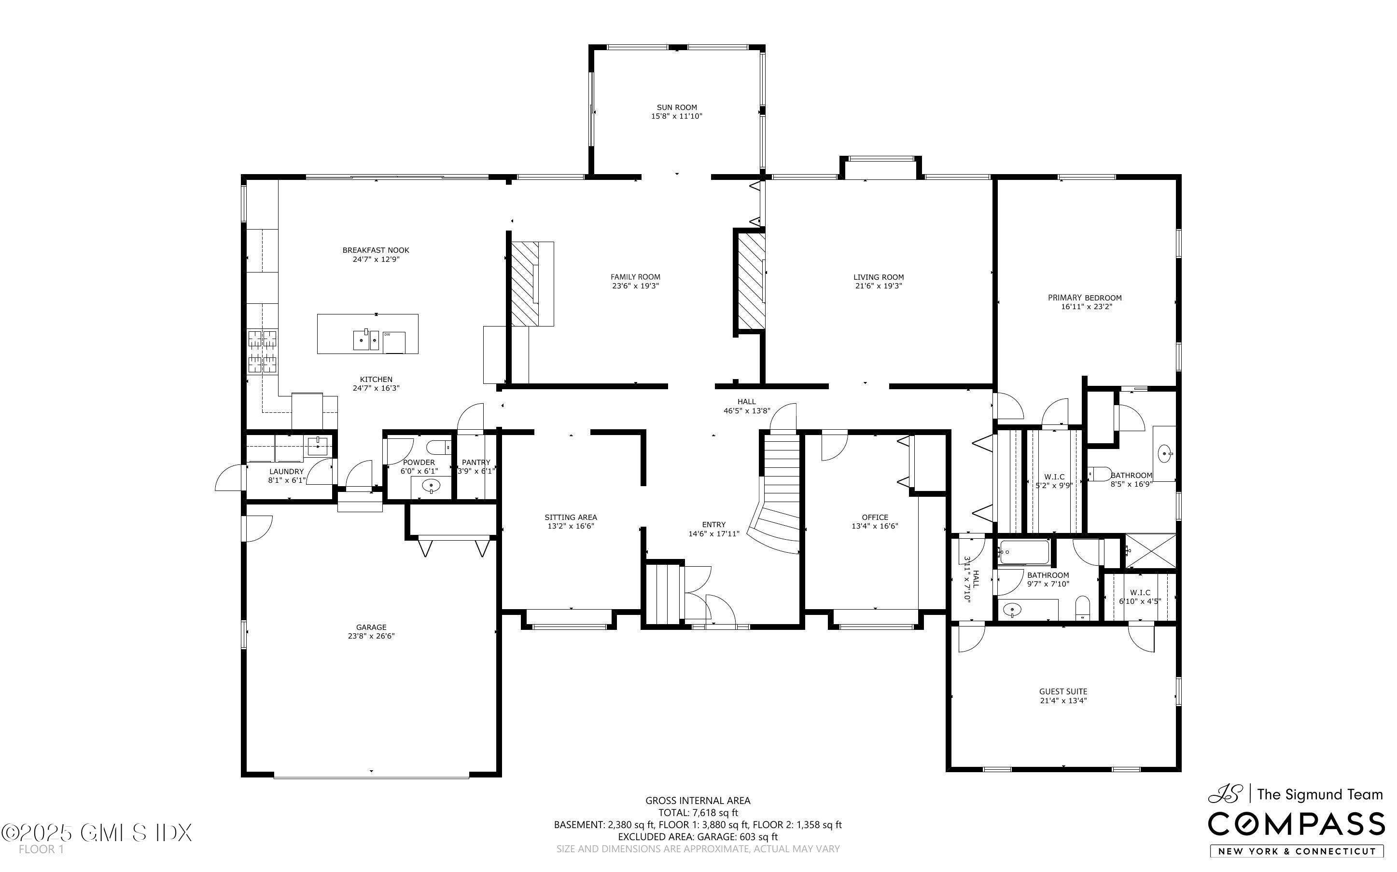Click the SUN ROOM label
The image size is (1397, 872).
[x=676, y=107]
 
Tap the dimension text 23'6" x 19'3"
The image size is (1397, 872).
[x=635, y=286]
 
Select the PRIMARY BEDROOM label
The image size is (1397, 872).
[x=1084, y=298]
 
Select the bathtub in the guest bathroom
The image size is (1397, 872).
[x=1024, y=553]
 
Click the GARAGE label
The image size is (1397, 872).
[x=371, y=627]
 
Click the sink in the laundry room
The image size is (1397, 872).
[x=317, y=445]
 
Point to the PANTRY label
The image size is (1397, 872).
[x=475, y=462]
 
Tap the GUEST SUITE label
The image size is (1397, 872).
[x=1063, y=691]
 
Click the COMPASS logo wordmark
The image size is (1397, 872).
[x=1296, y=824]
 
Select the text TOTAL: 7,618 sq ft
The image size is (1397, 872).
[x=698, y=813]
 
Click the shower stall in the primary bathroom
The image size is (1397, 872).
[x=1150, y=550]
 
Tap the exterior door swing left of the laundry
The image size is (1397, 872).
[x=229, y=478]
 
